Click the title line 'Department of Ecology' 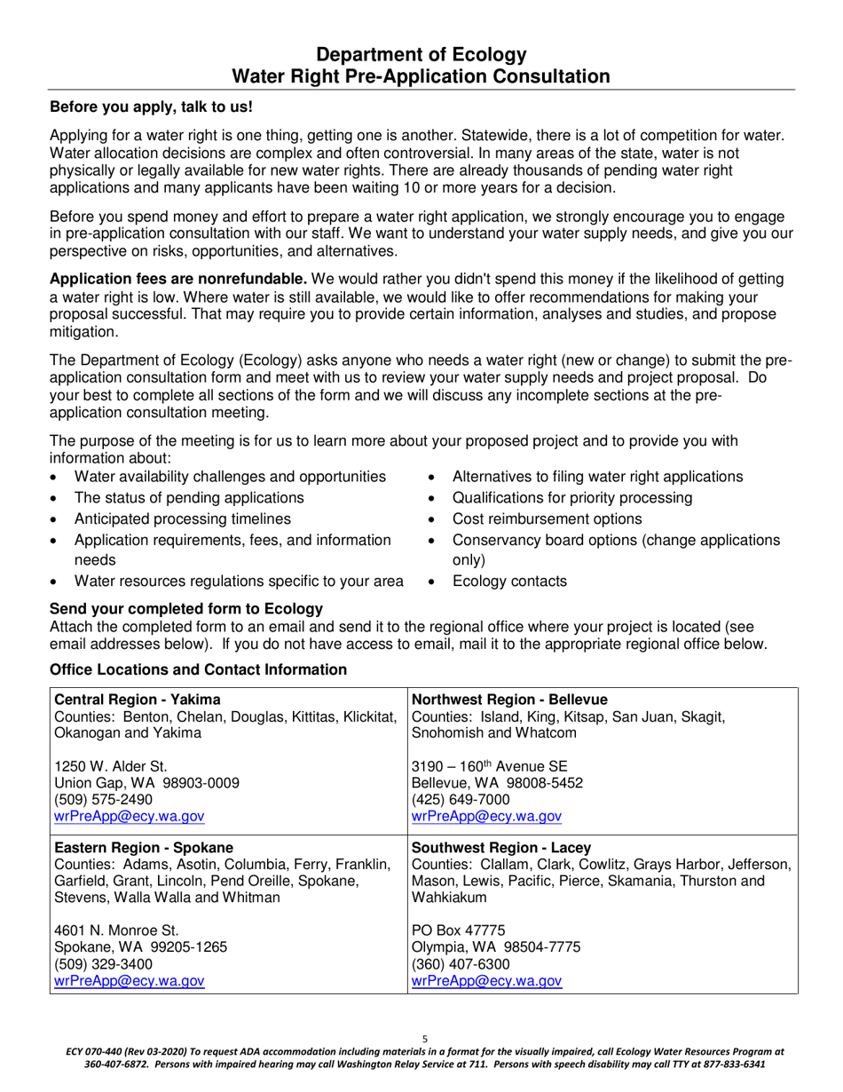[421, 54]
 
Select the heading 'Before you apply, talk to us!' [151, 107]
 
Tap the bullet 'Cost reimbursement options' [547, 519]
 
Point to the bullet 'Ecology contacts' [509, 582]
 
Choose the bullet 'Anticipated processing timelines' [182, 519]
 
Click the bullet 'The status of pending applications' [189, 498]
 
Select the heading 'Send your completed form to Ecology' [185, 608]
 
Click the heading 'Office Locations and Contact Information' [198, 669]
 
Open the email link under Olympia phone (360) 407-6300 [487, 981]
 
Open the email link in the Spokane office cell [130, 981]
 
